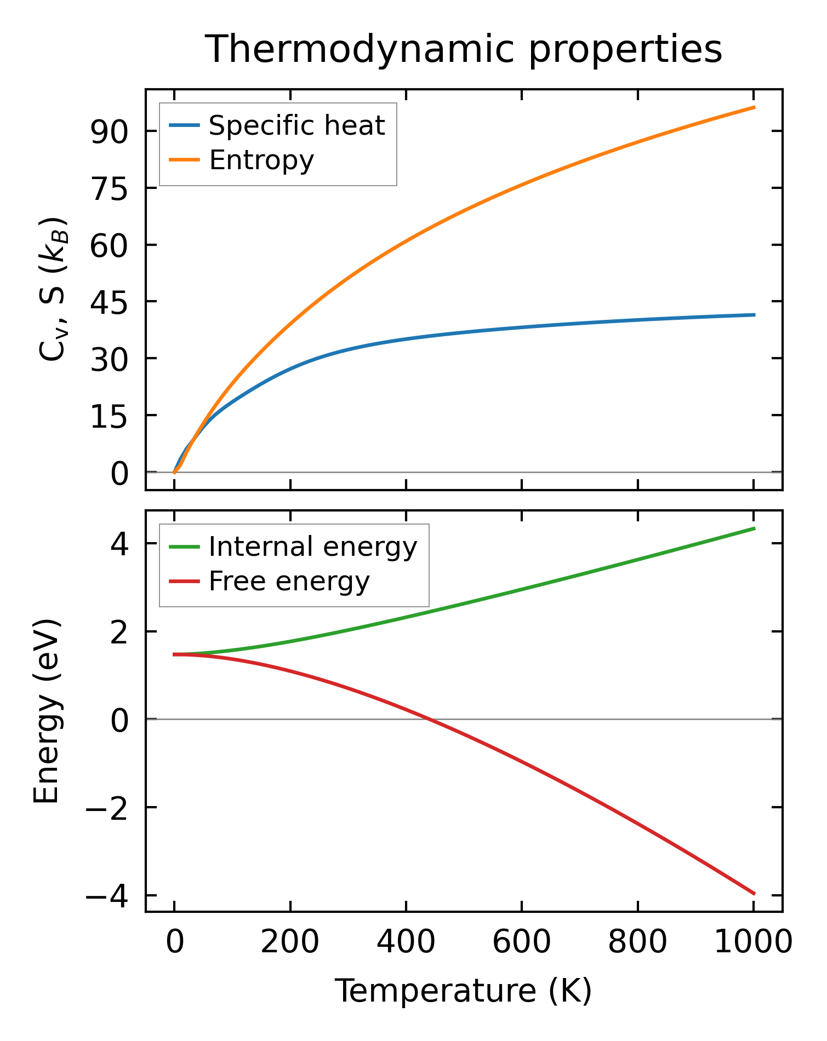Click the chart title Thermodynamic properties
coord(464,49)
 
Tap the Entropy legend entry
coord(261,160)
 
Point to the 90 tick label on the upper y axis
coord(109,132)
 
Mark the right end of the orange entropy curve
coord(755,107)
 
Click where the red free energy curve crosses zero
coord(431,719)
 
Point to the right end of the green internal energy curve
coord(755,528)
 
